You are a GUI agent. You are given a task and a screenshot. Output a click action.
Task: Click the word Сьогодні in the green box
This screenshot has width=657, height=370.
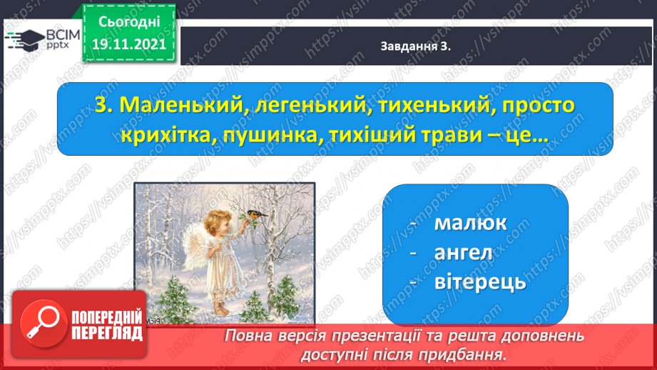click(x=129, y=22)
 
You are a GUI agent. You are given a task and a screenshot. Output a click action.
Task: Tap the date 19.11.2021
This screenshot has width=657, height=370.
click(x=129, y=44)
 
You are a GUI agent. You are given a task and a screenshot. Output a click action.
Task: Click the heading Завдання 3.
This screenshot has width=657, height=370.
click(x=415, y=46)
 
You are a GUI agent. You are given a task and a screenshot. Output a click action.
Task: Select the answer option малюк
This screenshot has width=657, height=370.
click(x=470, y=223)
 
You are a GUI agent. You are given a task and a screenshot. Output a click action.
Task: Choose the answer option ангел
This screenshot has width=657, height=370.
click(x=463, y=253)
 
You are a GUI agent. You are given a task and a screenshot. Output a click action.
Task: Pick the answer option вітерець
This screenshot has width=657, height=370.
click(x=480, y=282)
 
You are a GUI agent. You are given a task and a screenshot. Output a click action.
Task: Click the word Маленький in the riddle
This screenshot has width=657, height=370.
click(x=181, y=105)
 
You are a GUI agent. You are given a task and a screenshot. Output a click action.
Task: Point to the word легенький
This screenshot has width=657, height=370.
click(x=311, y=105)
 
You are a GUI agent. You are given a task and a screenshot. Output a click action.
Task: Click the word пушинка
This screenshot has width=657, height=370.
click(x=272, y=136)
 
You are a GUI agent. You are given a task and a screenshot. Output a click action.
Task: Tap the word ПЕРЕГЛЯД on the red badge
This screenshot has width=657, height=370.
click(x=107, y=334)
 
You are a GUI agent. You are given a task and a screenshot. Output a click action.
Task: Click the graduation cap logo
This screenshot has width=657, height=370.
click(x=25, y=40)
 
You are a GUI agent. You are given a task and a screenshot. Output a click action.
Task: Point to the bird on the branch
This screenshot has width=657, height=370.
click(x=257, y=214)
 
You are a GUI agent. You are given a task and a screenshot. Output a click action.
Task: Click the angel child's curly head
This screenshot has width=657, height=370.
click(x=217, y=222)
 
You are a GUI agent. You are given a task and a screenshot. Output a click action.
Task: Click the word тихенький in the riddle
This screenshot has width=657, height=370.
click(x=434, y=105)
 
